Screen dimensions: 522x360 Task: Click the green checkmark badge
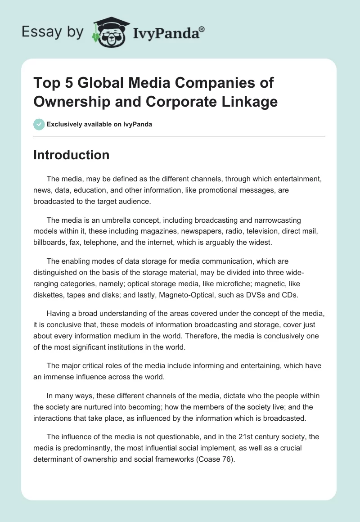coord(39,124)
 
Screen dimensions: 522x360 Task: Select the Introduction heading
coord(72,155)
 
